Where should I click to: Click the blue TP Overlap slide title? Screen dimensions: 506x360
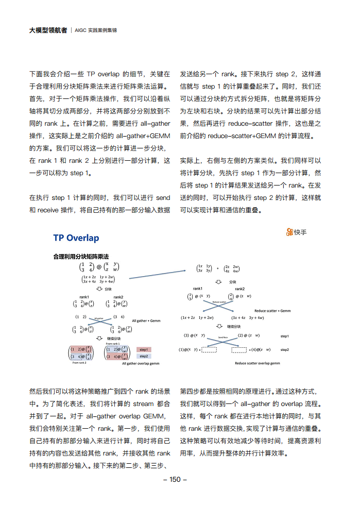(76, 238)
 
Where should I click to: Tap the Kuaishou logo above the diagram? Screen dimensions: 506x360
(297, 232)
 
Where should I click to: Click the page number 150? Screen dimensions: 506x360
(175, 479)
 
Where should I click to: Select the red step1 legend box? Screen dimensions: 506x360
(144, 349)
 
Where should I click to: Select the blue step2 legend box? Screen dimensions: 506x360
(144, 356)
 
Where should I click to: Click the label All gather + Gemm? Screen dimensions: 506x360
(146, 321)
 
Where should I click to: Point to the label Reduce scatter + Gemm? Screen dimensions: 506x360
(272, 311)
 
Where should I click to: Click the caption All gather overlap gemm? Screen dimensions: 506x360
(141, 363)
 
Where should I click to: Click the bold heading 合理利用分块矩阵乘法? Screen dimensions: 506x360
(81, 256)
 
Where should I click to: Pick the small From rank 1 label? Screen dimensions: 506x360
(113, 343)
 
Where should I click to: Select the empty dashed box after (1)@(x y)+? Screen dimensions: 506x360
(209, 350)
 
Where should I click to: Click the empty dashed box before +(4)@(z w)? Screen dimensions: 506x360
(239, 350)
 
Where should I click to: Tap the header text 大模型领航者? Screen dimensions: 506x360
(47, 30)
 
